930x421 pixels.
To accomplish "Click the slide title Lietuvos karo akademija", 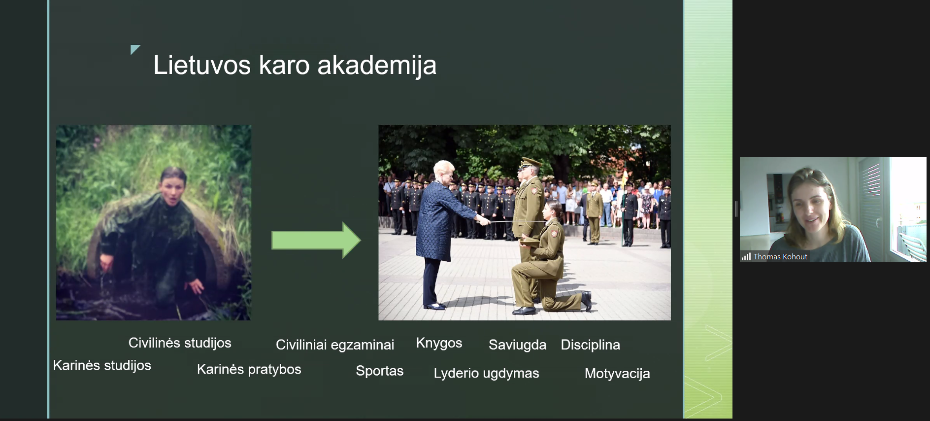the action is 295,66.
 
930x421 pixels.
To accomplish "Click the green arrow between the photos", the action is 316,240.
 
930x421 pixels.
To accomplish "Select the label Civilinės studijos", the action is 180,343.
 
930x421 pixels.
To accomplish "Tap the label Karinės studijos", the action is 102,366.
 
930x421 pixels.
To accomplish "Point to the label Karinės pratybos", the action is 249,370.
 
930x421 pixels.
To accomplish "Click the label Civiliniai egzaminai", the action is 335,345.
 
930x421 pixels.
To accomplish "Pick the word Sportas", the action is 380,371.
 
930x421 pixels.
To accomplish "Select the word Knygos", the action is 439,344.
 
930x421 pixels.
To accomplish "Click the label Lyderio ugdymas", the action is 486,374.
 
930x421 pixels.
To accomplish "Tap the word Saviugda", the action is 517,345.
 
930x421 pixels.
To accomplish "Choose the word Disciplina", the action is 590,345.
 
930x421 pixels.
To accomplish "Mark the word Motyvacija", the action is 617,374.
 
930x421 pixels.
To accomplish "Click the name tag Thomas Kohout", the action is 780,257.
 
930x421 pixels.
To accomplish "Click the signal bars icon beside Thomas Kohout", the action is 746,256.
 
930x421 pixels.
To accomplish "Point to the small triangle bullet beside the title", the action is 135,49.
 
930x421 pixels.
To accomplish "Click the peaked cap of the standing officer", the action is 530,162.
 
